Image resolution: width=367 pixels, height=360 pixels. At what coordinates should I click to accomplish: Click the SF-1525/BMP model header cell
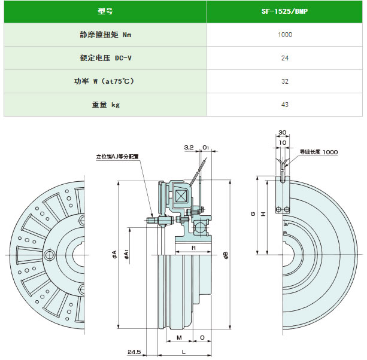pyautogui.click(x=284, y=11)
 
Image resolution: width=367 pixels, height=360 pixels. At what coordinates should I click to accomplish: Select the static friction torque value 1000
pyautogui.click(x=285, y=35)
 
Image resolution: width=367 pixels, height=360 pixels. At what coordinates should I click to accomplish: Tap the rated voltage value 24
pyautogui.click(x=285, y=58)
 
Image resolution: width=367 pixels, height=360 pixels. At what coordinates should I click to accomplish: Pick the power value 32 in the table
pyautogui.click(x=285, y=81)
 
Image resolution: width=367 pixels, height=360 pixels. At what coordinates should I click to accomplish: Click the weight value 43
pyautogui.click(x=285, y=105)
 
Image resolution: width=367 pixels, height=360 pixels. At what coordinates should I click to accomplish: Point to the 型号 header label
pyautogui.click(x=105, y=11)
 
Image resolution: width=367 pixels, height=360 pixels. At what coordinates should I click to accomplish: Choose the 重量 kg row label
pyautogui.click(x=106, y=105)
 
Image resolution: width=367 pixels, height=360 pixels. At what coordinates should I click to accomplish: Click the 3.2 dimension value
pyautogui.click(x=189, y=147)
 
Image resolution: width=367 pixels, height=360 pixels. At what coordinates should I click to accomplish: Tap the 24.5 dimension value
pyautogui.click(x=134, y=352)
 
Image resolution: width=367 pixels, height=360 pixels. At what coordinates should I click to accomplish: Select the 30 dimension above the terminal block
pyautogui.click(x=282, y=132)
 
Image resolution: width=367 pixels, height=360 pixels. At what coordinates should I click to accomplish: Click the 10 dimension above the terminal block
pyautogui.click(x=283, y=142)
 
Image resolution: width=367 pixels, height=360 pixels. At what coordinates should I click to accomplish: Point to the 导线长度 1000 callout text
pyautogui.click(x=319, y=152)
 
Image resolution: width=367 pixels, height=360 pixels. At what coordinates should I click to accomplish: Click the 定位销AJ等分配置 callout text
pyautogui.click(x=117, y=157)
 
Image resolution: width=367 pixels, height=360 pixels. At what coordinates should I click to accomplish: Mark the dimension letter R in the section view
pyautogui.click(x=193, y=248)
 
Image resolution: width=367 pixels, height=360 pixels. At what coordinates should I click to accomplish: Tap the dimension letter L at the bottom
pyautogui.click(x=184, y=352)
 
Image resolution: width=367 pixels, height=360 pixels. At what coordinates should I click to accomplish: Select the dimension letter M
pyautogui.click(x=179, y=337)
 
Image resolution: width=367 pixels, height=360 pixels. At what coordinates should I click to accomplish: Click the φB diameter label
pyautogui.click(x=226, y=255)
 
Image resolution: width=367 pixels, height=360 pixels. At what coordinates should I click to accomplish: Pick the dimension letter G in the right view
pyautogui.click(x=253, y=213)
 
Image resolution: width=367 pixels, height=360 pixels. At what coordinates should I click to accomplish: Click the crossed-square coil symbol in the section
pyautogui.click(x=180, y=196)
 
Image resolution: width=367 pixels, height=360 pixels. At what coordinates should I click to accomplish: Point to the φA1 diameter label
pyautogui.click(x=126, y=254)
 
